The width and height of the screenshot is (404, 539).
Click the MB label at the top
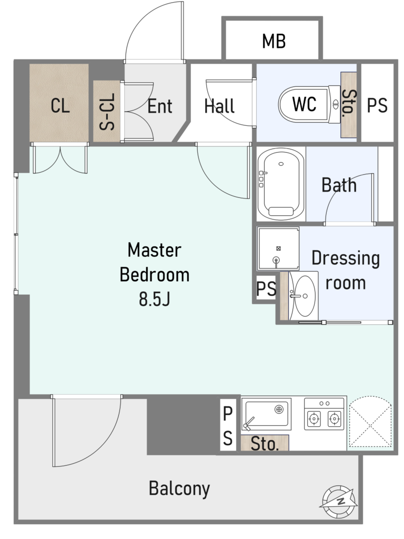coord(274,41)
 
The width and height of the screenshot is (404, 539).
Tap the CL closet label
coord(60,105)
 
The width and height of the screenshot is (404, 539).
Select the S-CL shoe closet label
coord(107,112)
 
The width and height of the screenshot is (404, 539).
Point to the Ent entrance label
coord(160,106)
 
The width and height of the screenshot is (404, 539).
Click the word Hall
coord(219,106)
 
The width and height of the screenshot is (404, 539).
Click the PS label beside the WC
coord(377,105)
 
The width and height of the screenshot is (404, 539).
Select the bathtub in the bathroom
coord(281,184)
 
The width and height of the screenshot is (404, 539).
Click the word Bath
coord(339,185)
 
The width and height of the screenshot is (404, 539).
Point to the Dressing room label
coord(346,271)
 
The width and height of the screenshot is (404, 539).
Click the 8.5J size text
coord(155,299)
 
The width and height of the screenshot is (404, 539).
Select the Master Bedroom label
coord(155,262)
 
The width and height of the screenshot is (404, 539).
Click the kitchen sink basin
coord(266,414)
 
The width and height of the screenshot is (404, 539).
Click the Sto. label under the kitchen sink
coord(264,443)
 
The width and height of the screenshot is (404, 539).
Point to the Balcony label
coord(179,488)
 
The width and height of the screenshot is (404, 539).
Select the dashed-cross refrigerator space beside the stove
coord(370,423)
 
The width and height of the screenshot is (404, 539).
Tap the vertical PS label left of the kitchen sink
coord(227,425)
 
